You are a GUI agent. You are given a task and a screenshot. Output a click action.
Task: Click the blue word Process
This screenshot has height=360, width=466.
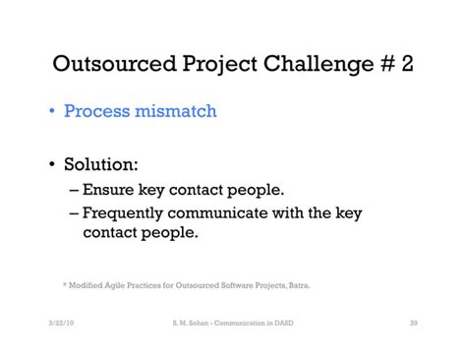[97, 111]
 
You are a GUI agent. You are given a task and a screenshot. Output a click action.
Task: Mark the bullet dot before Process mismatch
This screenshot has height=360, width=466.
[52, 112]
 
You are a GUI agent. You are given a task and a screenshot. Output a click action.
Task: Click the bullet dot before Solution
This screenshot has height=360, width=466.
[52, 163]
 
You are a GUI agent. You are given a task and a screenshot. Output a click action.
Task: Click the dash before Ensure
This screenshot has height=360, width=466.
[74, 189]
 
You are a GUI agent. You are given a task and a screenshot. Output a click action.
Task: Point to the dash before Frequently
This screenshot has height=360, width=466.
[74, 213]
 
